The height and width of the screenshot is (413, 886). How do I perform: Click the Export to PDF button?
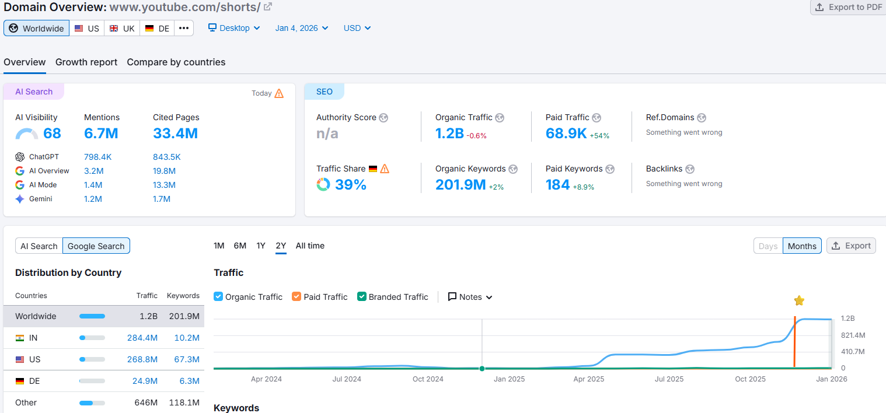pos(848,7)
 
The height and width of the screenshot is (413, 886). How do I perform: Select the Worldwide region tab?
pos(37,28)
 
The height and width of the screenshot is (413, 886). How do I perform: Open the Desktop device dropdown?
pos(234,28)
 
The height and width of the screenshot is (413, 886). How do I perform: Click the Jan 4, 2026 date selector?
pos(301,28)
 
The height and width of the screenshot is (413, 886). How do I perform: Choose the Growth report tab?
pos(86,62)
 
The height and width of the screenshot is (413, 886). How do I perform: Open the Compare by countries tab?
pos(176,62)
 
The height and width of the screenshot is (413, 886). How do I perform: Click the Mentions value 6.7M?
pos(101,134)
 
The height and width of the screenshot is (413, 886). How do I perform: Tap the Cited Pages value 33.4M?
pos(175,134)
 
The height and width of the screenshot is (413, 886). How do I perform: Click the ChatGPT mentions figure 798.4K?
pos(97,157)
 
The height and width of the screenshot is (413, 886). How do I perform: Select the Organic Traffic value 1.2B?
pos(449,134)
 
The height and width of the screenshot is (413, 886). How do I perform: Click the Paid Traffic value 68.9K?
pos(566,134)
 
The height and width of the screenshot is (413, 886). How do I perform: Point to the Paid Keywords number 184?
pos(557,185)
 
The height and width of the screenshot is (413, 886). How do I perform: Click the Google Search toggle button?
pos(96,246)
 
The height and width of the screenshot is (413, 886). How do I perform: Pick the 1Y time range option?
pos(261,246)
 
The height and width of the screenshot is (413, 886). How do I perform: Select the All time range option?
pos(310,246)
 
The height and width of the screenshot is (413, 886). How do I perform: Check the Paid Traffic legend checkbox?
pos(297,296)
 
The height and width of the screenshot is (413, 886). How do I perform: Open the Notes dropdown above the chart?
pos(470,297)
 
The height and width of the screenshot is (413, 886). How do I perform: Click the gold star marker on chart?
pos(799,300)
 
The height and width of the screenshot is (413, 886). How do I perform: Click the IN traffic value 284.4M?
pos(142,338)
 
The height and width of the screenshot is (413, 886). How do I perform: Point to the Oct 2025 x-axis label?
pos(750,379)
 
